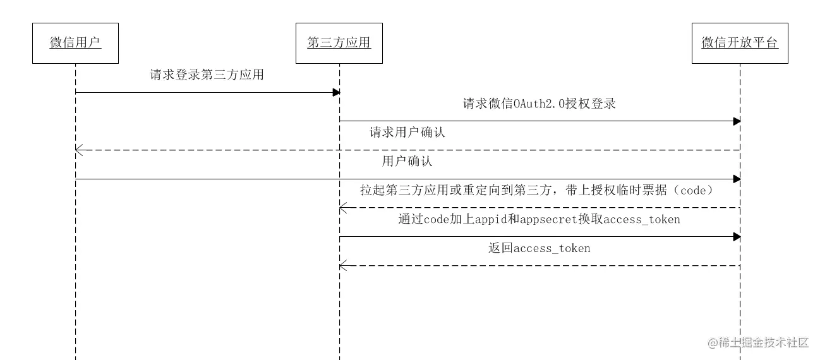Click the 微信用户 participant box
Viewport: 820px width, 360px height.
(75, 42)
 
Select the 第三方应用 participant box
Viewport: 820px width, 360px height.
(339, 42)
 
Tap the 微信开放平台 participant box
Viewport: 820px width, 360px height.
(740, 42)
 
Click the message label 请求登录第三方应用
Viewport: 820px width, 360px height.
(207, 75)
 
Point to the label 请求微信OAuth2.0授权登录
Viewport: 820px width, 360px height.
(539, 104)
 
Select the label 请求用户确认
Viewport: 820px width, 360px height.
(407, 133)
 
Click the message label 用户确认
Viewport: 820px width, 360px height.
(407, 161)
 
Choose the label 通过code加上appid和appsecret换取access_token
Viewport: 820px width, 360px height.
(539, 219)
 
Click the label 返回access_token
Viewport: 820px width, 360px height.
(539, 248)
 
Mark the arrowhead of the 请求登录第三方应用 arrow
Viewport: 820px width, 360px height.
(337, 93)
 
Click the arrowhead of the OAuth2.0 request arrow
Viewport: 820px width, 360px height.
(737, 121)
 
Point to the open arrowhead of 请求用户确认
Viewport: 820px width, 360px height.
(78, 150)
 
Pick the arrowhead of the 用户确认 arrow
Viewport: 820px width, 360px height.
(737, 179)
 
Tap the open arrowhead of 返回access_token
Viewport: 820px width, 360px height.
(342, 266)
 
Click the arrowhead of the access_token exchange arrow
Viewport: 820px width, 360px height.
(737, 237)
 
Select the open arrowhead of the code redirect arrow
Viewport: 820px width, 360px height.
(342, 208)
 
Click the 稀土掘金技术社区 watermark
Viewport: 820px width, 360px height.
(758, 342)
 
